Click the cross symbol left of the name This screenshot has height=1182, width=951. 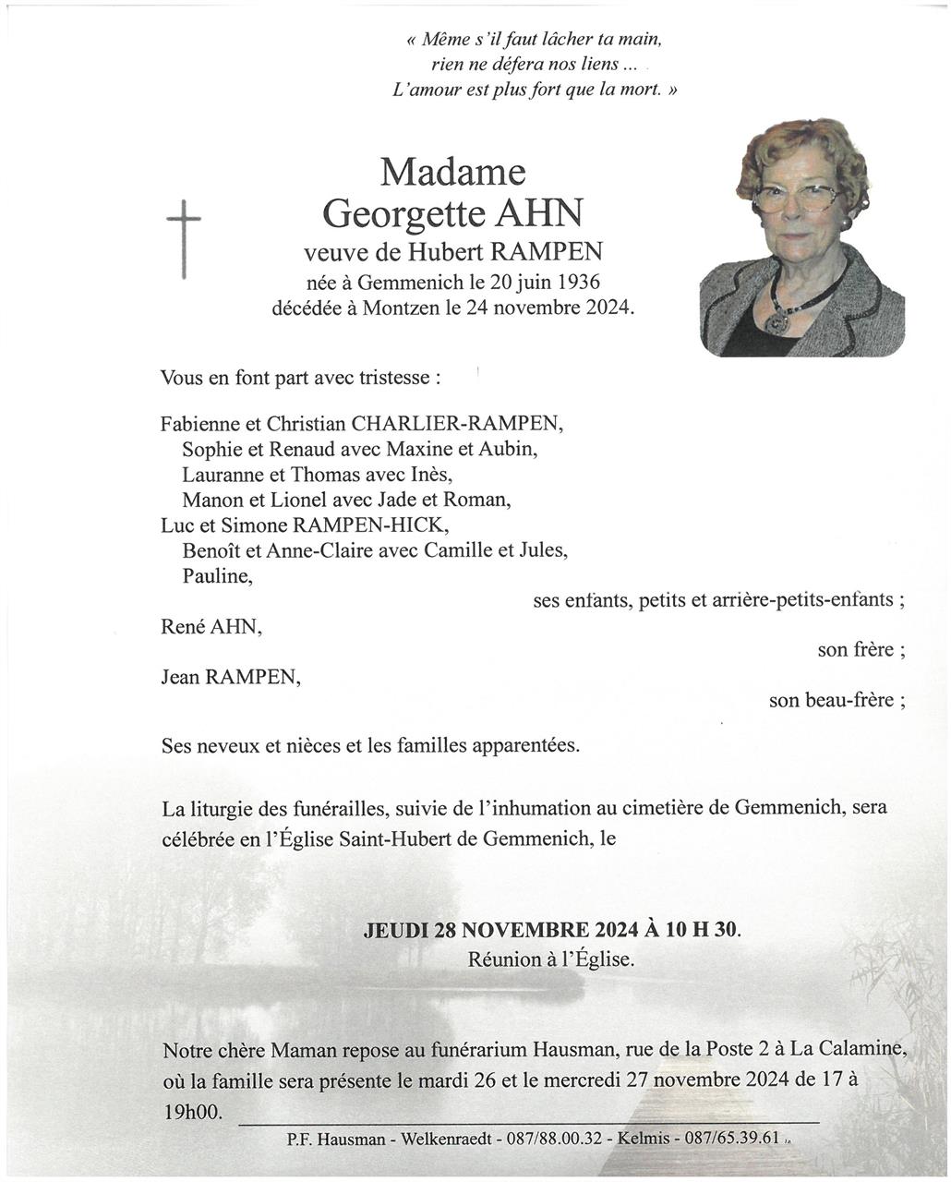click(x=183, y=238)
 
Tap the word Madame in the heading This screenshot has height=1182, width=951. click(x=452, y=172)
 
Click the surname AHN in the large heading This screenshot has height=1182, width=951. click(x=540, y=213)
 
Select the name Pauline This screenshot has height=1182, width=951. click(x=217, y=575)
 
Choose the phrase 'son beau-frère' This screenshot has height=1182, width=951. click(x=836, y=700)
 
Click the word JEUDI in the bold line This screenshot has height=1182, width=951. click(x=396, y=929)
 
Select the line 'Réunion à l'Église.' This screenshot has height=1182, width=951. click(x=551, y=959)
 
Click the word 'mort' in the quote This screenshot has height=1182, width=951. click(x=644, y=90)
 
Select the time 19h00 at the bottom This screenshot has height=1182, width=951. click(x=193, y=1112)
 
